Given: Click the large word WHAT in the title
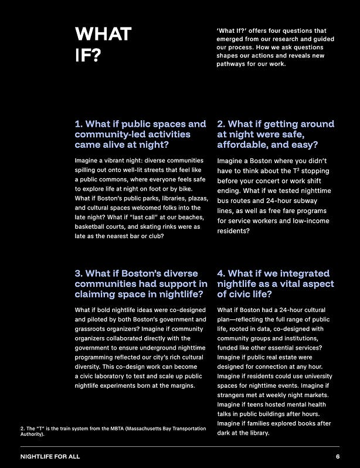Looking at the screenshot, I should point(103,35).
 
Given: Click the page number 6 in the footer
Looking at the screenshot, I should point(338,456).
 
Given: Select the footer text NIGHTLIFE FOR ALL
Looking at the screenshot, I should point(50,456).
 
